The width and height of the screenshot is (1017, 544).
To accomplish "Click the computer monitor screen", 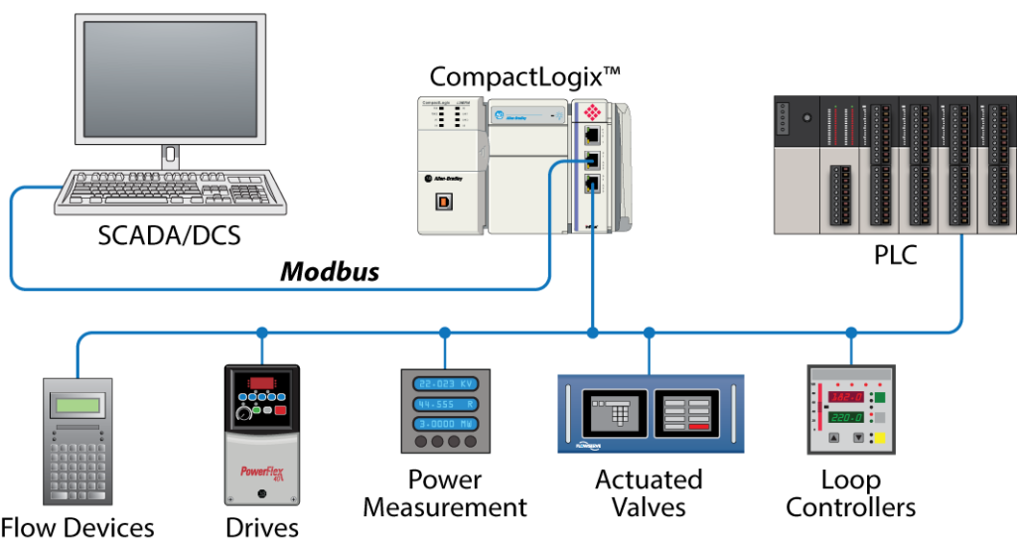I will click(x=172, y=78).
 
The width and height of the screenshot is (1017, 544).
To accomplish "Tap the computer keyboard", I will click(x=170, y=191).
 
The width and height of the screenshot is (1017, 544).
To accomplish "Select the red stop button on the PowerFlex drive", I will click(x=281, y=410).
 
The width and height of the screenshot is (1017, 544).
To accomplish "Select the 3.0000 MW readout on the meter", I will click(x=445, y=423).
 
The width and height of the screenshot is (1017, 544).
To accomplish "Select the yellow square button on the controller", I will click(x=879, y=438).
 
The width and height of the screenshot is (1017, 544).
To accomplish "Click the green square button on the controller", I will click(x=879, y=399).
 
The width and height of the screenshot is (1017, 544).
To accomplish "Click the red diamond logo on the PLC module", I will click(x=592, y=112).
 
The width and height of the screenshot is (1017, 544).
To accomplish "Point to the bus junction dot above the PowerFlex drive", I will click(x=262, y=333).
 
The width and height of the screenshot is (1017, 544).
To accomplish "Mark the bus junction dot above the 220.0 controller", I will click(x=851, y=333).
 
